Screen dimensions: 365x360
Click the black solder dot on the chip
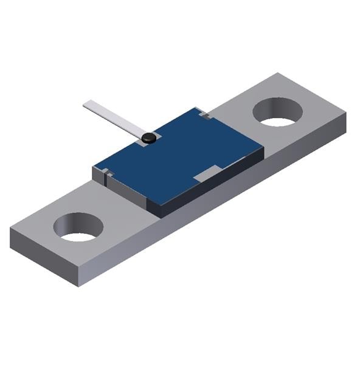click(x=148, y=138)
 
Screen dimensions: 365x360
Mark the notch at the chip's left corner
click(x=108, y=174)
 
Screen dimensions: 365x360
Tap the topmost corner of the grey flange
click(x=278, y=74)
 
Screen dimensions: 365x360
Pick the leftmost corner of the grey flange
click(x=10, y=230)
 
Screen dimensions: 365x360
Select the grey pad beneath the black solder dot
click(x=156, y=135)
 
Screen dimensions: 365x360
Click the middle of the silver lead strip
click(x=116, y=119)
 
